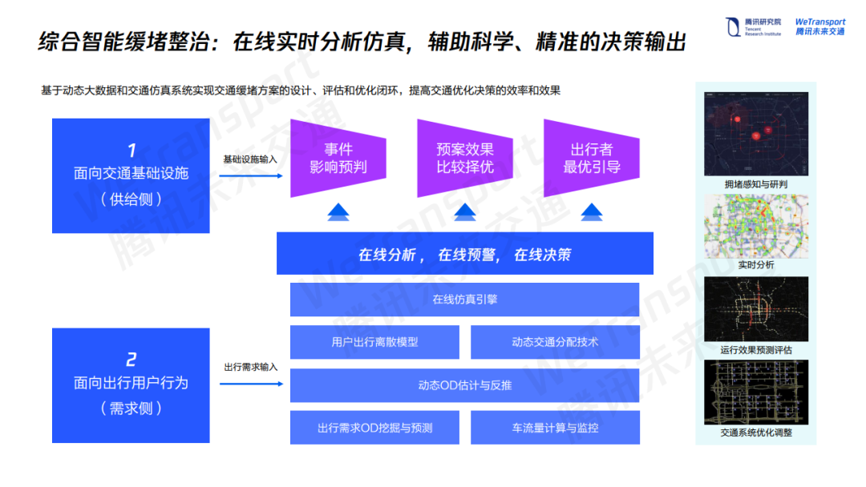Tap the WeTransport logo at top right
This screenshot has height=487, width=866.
click(x=819, y=26)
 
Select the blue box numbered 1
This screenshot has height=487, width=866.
click(x=131, y=175)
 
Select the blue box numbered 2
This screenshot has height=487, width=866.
click(x=131, y=385)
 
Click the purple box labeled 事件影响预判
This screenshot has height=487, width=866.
click(x=338, y=159)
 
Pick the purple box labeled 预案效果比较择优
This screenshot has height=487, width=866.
click(x=464, y=159)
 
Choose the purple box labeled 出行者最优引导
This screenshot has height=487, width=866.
click(x=591, y=159)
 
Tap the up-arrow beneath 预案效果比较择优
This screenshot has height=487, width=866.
click(x=465, y=212)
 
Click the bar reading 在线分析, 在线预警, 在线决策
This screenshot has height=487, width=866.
click(x=464, y=255)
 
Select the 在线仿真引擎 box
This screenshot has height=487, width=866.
click(x=464, y=300)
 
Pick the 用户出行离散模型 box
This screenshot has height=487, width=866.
click(x=374, y=342)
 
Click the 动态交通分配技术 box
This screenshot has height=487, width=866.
click(x=555, y=342)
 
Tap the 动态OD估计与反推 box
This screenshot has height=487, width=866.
click(x=464, y=385)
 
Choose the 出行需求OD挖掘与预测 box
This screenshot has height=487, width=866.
click(x=374, y=428)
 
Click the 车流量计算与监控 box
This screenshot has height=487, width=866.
click(x=555, y=428)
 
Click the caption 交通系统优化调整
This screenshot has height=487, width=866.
click(x=756, y=433)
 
